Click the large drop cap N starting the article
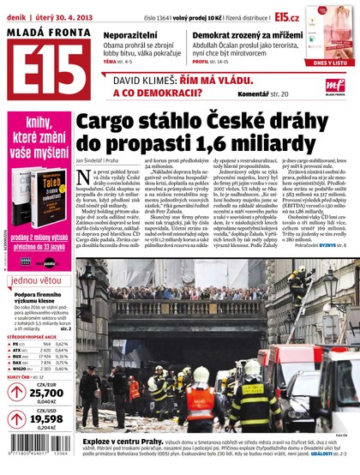pos(84,180)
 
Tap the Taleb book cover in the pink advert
pos(50,193)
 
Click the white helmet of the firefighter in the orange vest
pos(201,374)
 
